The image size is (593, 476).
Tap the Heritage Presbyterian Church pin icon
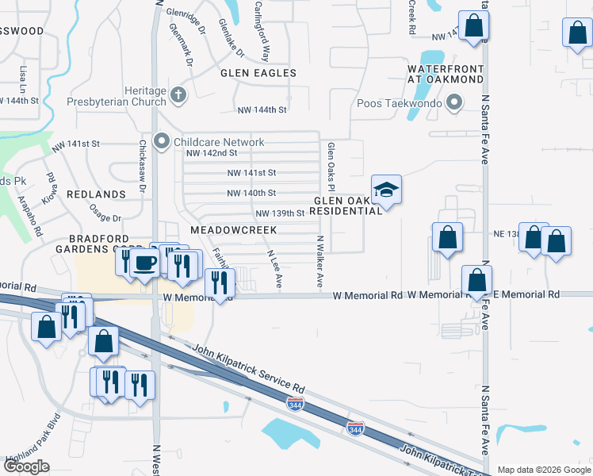click(178, 97)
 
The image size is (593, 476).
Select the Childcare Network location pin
click(163, 142)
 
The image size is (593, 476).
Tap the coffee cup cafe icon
click(144, 263)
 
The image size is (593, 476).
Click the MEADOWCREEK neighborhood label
click(233, 229)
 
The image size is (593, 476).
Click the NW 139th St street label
click(280, 213)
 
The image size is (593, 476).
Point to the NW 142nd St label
click(212, 153)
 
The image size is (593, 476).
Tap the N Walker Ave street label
click(320, 261)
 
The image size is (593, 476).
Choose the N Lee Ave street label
click(274, 269)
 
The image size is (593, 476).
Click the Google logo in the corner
click(27, 466)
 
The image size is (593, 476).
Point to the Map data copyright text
click(544, 470)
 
